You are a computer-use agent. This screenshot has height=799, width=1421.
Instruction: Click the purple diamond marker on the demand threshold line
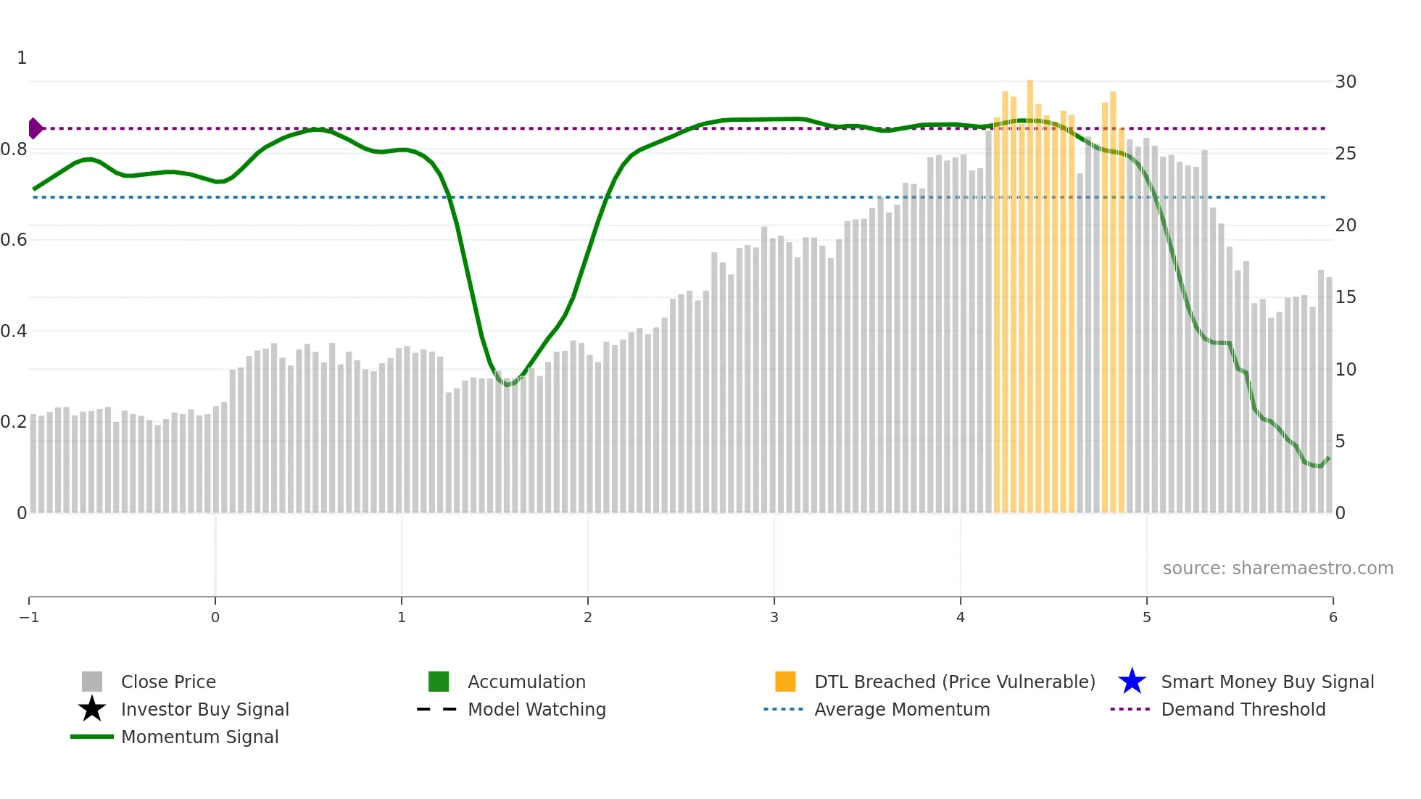35,128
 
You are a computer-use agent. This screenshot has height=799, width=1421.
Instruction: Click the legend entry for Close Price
167,682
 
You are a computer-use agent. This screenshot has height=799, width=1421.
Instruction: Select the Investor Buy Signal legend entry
204,709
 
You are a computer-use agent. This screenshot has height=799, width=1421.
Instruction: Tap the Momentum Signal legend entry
199,737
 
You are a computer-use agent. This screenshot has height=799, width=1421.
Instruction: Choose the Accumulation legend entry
526,682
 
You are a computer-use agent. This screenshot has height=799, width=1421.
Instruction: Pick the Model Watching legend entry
536,709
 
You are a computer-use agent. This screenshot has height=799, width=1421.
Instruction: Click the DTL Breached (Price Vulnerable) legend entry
954,682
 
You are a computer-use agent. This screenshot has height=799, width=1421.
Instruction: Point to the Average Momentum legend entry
901,709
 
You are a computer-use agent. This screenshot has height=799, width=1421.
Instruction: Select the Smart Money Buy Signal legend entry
1267,682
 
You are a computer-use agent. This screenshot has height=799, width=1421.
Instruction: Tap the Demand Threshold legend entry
1243,709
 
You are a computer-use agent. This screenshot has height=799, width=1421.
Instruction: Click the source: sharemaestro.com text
1277,568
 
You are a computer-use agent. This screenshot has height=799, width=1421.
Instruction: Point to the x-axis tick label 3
774,617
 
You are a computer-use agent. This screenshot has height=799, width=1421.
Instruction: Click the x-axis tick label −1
29,617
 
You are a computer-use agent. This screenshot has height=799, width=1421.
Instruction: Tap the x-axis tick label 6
1333,617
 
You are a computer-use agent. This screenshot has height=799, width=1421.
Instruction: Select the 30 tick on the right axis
1346,81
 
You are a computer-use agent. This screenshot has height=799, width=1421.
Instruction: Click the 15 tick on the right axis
1346,297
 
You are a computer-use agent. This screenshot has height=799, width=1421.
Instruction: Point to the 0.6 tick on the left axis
14,239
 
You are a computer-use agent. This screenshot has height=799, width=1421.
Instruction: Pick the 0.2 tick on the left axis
14,421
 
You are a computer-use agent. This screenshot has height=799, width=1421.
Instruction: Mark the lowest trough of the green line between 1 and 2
507,384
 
